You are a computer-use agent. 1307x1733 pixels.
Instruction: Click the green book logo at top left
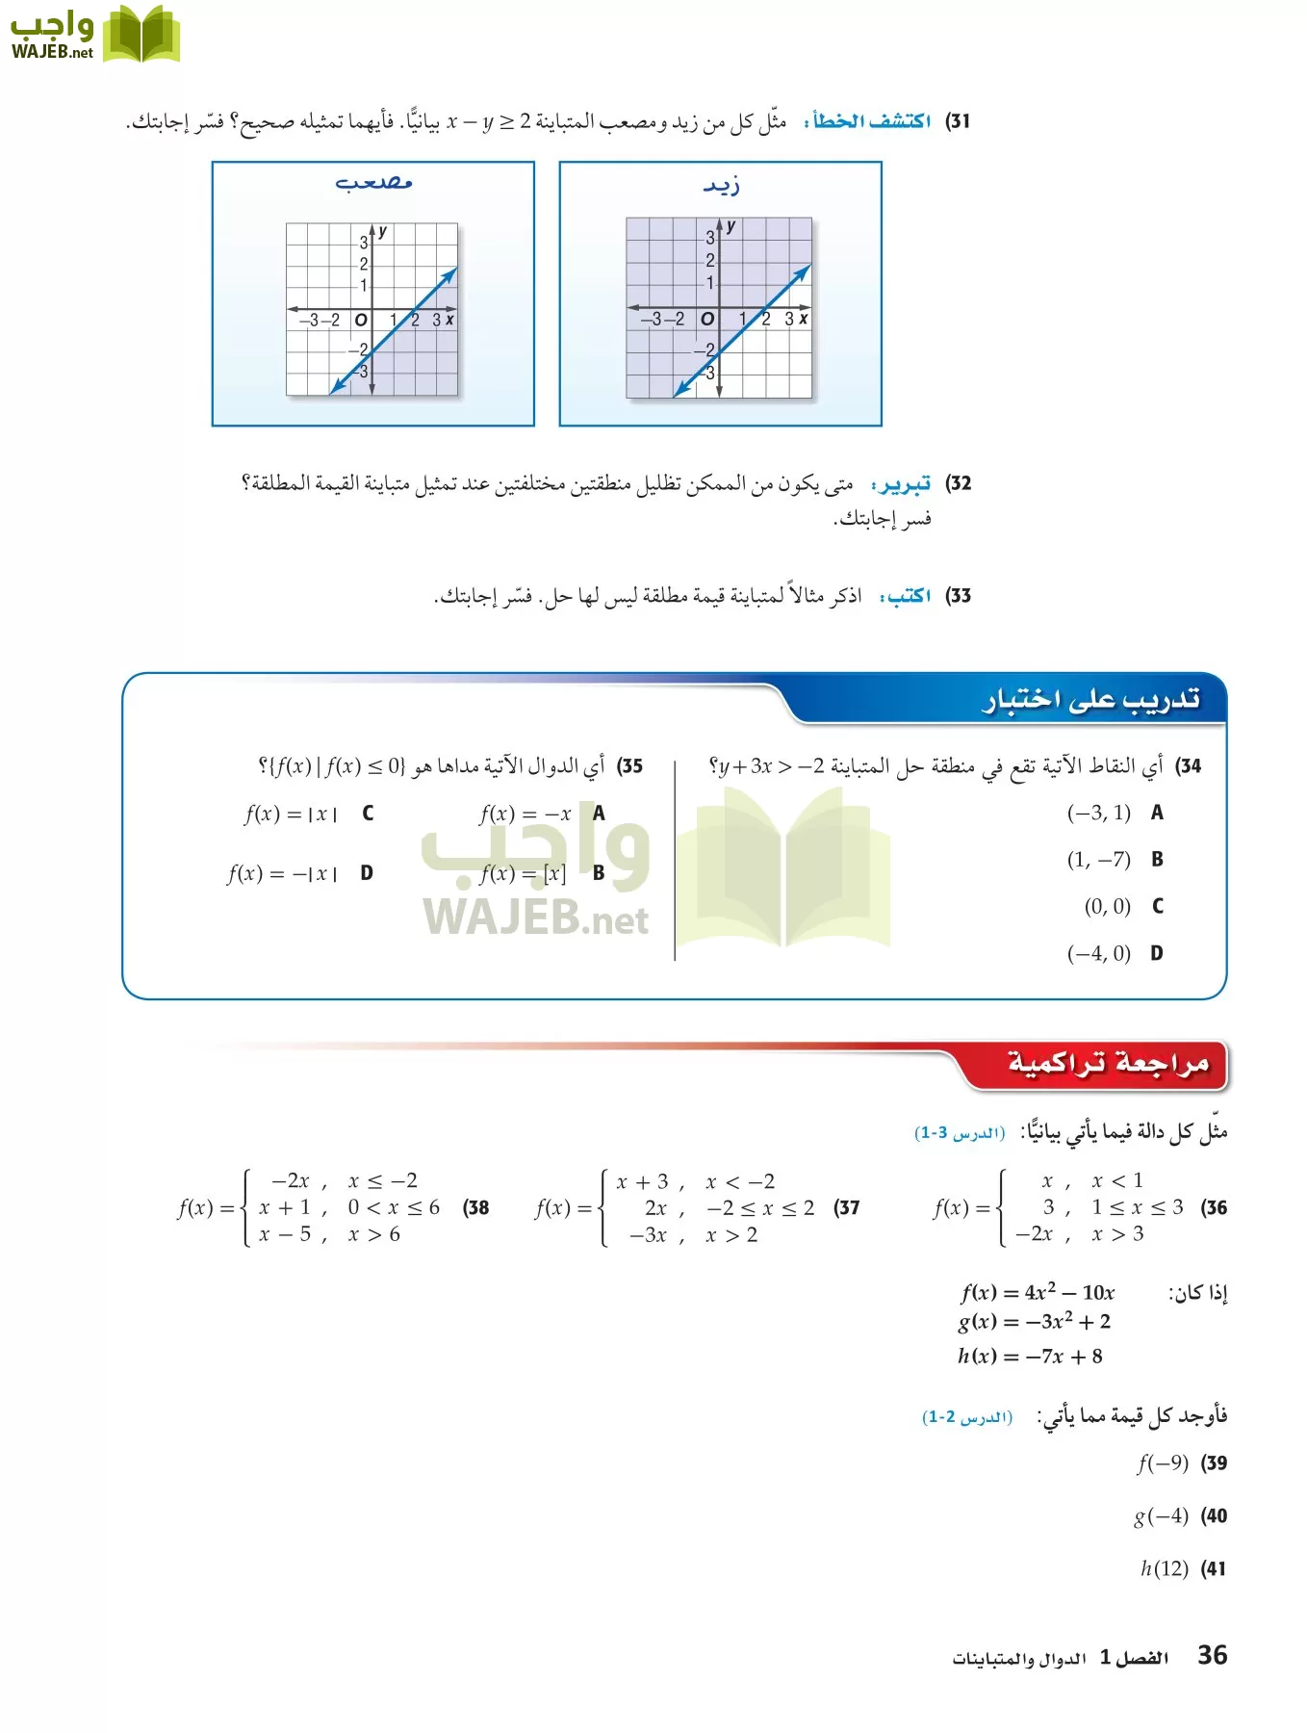point(141,35)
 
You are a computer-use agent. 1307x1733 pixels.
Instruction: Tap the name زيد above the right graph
point(721,184)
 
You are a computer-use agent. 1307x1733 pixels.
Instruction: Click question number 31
point(958,121)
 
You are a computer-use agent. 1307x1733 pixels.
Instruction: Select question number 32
point(958,483)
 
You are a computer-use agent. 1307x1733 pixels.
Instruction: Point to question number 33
point(958,596)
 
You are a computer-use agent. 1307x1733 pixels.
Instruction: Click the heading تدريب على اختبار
point(1090,700)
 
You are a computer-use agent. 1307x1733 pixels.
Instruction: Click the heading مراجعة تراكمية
point(1107,1064)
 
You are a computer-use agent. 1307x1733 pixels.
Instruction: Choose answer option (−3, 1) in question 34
point(1098,814)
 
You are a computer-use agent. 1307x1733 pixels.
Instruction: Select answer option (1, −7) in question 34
point(1098,860)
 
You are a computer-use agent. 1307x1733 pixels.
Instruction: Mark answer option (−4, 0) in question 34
point(1098,953)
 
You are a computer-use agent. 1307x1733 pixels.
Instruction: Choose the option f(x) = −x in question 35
point(525,815)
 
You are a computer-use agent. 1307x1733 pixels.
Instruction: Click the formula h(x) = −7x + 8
point(1030,1357)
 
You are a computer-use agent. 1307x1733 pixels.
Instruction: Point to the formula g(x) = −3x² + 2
point(1034,1322)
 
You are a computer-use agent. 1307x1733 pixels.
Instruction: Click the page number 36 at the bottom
point(1212,1655)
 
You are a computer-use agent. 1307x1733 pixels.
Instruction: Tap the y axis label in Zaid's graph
point(731,226)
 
